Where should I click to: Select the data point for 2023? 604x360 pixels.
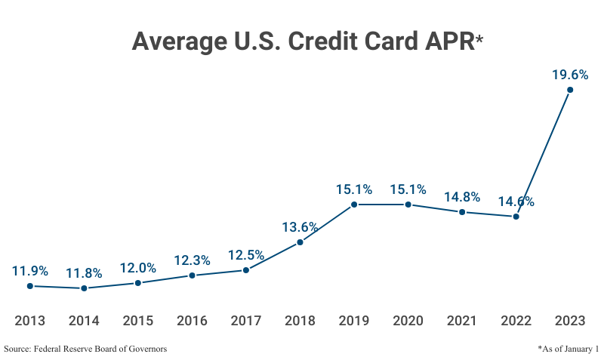coord(570,90)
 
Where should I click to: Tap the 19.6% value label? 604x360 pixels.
coord(569,75)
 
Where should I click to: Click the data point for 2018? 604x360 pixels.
coord(300,242)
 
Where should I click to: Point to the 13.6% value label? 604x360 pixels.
coord(300,227)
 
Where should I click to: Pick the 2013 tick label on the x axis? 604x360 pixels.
coord(30,321)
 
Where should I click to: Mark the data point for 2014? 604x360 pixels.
coord(84,288)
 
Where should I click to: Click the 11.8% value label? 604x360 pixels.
coord(84,273)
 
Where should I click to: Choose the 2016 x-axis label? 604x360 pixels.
coord(192,321)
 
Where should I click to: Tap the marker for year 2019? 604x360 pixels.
coord(354,205)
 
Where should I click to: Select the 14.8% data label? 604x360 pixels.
coord(462,197)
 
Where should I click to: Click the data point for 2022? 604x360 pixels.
coord(516,217)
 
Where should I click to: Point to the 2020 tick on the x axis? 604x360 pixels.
coord(408,321)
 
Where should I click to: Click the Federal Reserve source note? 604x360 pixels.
coord(85,349)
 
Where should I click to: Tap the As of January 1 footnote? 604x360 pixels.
coord(568,349)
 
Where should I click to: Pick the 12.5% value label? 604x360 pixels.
coord(246,255)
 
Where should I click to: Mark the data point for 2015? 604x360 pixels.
coord(137,283)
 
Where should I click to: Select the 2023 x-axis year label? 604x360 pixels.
coord(570,321)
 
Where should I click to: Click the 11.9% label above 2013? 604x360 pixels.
coord(30,271)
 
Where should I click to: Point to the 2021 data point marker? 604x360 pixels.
coord(462,212)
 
